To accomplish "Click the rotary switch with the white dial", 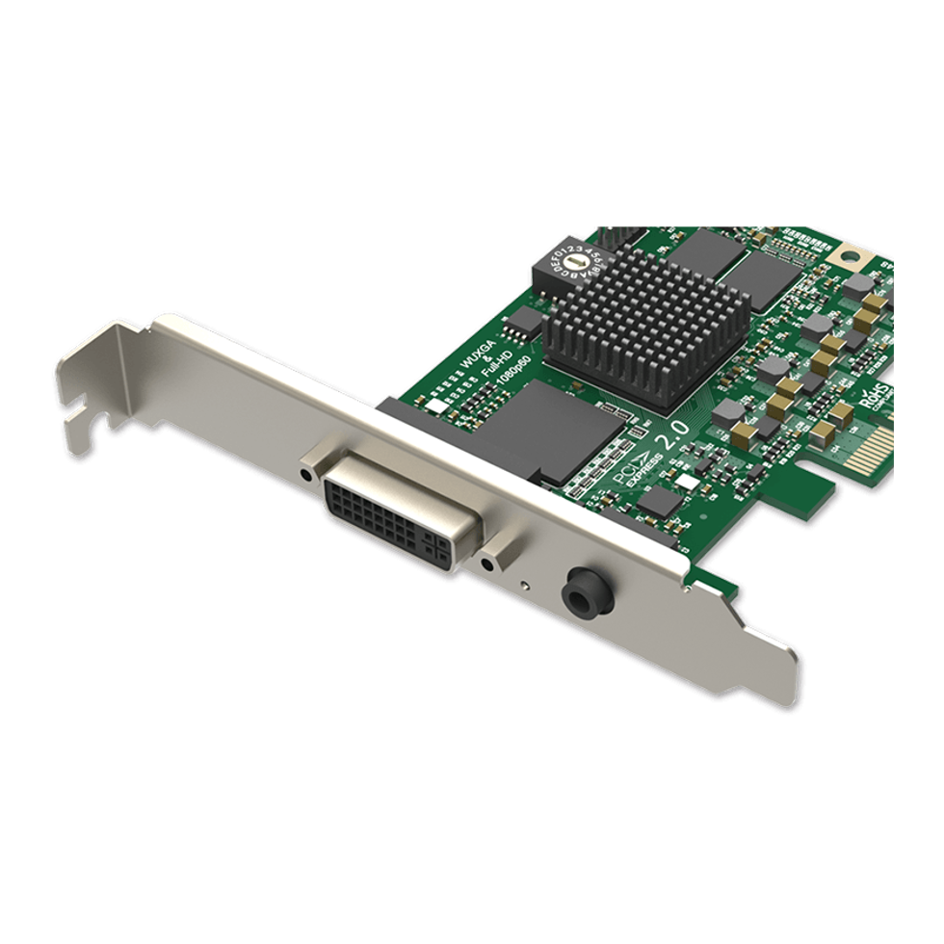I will [573, 261].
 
